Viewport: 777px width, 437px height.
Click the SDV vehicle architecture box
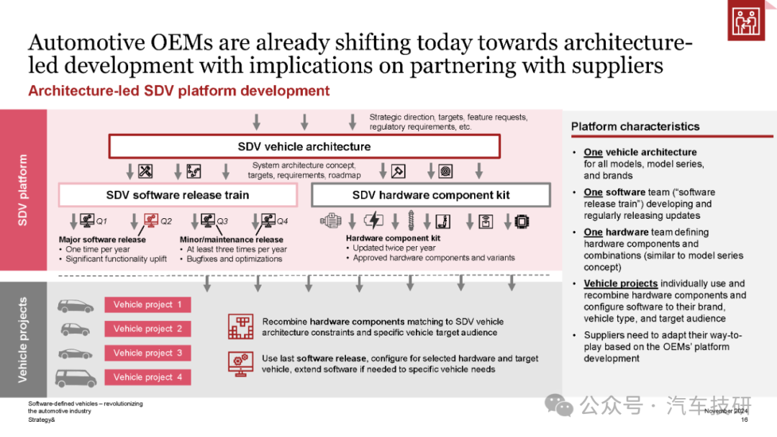[x=304, y=146]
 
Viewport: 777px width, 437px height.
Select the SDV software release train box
[x=178, y=195]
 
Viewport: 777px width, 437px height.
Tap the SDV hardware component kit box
[x=431, y=195]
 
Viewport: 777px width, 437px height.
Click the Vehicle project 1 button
[x=147, y=305]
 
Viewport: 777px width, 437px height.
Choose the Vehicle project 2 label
[x=147, y=329]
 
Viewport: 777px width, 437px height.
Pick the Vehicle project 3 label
[x=147, y=353]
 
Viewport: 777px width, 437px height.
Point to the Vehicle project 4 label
[x=147, y=377]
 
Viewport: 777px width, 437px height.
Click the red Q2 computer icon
[x=150, y=220]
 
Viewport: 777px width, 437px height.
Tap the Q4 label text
[x=283, y=221]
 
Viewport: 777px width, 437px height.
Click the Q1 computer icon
[x=87, y=220]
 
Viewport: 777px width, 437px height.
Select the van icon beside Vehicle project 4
[x=76, y=379]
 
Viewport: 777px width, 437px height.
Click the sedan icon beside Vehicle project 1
[x=76, y=306]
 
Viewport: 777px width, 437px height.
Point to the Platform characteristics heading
[x=635, y=127]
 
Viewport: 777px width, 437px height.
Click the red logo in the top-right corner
[x=746, y=20]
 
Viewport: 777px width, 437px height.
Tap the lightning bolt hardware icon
[x=373, y=220]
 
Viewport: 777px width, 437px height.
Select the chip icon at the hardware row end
[x=522, y=221]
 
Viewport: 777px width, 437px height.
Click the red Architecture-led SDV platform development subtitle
[x=179, y=91]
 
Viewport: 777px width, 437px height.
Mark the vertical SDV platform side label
[x=22, y=190]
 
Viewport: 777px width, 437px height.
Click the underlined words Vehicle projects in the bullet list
[x=620, y=284]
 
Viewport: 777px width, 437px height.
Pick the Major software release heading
[x=102, y=240]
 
